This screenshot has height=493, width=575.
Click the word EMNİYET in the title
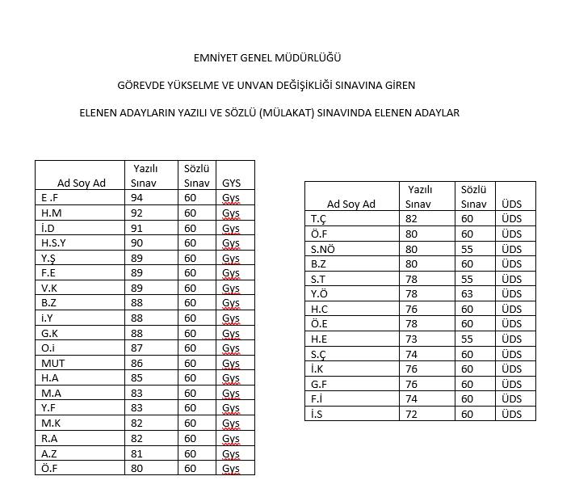point(216,58)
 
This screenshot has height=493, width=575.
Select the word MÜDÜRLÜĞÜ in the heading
point(313,58)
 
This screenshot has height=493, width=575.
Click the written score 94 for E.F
point(137,197)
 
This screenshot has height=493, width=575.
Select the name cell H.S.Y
point(53,242)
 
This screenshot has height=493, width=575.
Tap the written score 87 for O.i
point(137,348)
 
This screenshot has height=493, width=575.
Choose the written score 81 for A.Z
point(137,453)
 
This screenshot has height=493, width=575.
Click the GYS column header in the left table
point(231,183)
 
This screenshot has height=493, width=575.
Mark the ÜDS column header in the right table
point(511,204)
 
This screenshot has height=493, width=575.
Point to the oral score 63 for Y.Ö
point(468,293)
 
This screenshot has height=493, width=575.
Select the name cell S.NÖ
point(322,249)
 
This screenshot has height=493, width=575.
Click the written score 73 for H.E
point(412,339)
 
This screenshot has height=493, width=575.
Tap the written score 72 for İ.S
point(412,414)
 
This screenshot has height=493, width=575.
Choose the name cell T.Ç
point(318,218)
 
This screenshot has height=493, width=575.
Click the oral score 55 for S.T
point(468,279)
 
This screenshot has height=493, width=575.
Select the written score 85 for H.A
point(137,378)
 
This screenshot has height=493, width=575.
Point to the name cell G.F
point(318,384)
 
